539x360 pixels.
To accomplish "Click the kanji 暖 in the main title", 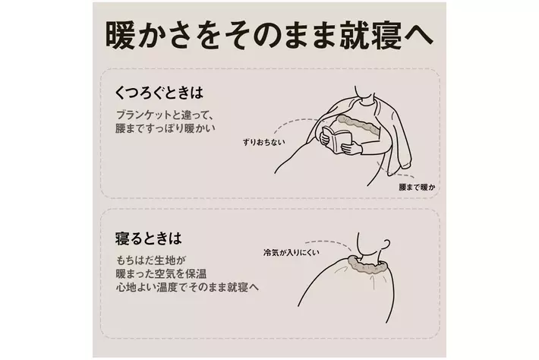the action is coord(120,36).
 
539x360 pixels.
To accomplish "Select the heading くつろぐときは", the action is coord(159,93).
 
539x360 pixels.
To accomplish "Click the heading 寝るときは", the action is coord(148,238).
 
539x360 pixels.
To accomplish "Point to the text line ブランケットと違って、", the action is coord(165,115).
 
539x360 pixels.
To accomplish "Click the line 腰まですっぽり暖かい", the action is coord(165,128).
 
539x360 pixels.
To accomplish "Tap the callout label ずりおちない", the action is coord(263,142).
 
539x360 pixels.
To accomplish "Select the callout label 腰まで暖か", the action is coord(417,188).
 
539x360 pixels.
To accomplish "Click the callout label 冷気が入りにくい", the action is coord(292,253).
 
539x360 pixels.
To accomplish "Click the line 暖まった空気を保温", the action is coord(161,273).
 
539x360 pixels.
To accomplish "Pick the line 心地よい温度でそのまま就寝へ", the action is coord(187,287).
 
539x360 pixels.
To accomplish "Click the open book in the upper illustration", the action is coord(337,139).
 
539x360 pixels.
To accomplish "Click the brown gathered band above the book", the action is coord(357,123).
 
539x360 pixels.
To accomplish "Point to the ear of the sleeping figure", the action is coord(386,244).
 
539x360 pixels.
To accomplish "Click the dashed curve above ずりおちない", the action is coord(295,122).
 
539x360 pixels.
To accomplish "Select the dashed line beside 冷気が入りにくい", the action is coord(328,243).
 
